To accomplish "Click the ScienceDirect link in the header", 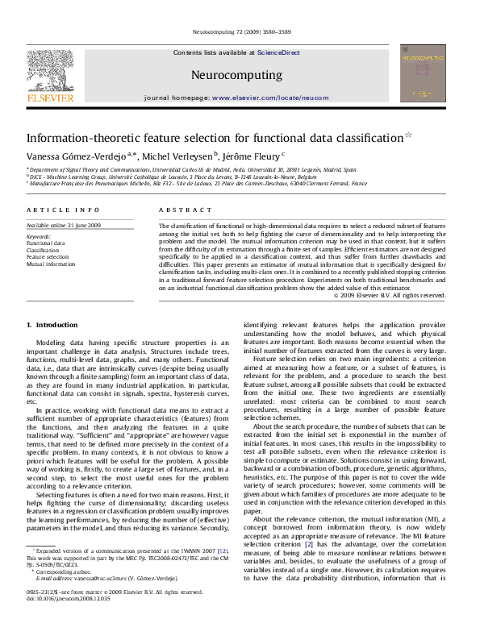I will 278,52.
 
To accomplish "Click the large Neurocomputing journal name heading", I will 236,75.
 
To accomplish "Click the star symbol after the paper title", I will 407,135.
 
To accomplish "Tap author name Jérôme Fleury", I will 250,156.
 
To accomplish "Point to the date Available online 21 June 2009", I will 64,225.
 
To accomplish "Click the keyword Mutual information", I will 51,264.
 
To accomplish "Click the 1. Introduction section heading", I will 52,325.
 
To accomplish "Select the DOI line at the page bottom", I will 61,622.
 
